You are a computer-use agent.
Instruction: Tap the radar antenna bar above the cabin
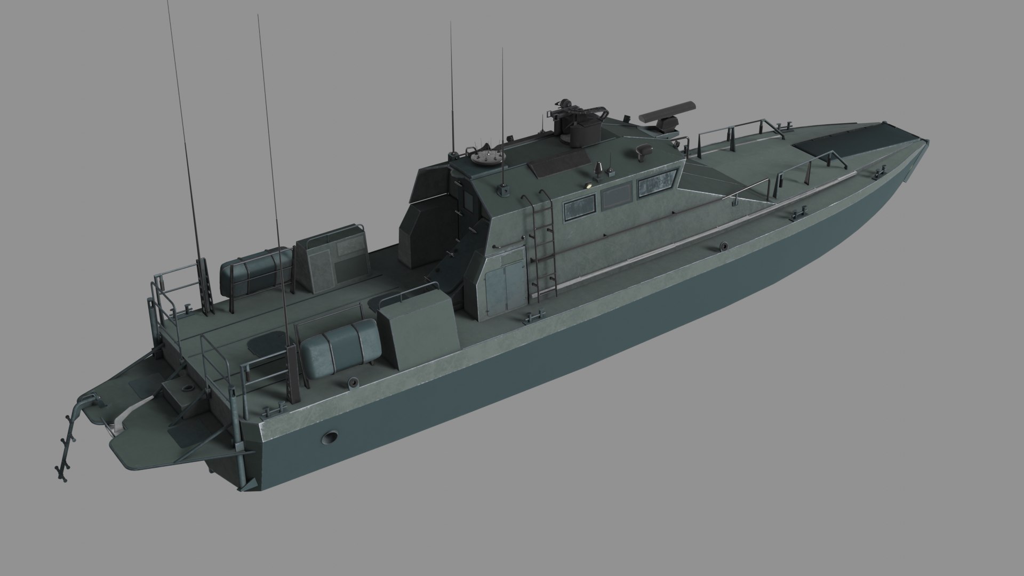pyautogui.click(x=668, y=111)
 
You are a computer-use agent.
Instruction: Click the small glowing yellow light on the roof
pyautogui.click(x=589, y=185)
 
